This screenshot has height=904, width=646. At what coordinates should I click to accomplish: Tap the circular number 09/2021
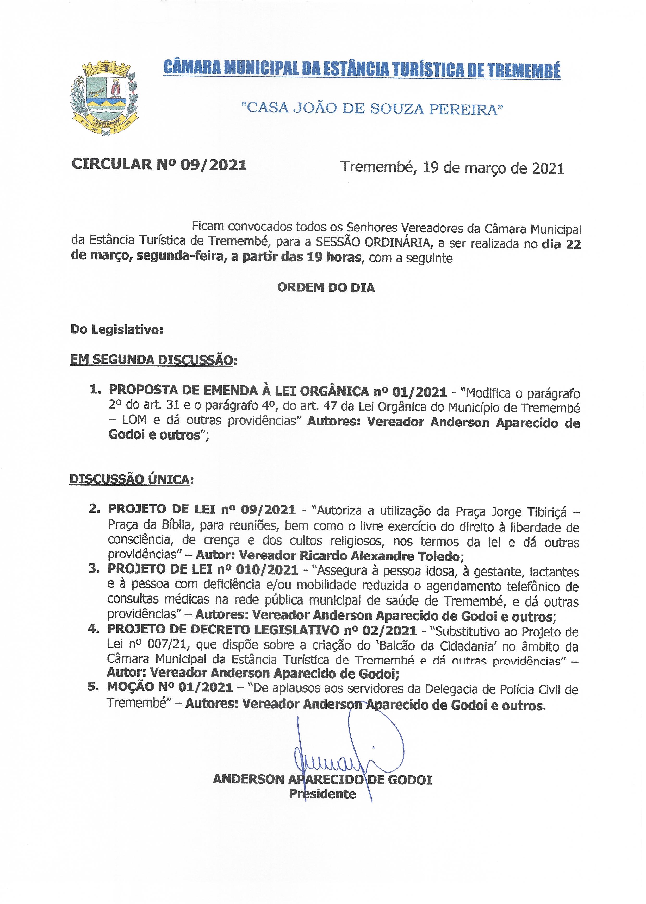point(214,165)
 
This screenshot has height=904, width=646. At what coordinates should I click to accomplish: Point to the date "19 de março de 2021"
point(493,168)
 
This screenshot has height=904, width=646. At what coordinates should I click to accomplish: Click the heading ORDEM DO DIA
point(326,288)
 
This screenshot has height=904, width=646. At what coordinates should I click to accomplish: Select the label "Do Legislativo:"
point(117,330)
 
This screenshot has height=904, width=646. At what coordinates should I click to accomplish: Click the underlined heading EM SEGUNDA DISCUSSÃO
point(151,360)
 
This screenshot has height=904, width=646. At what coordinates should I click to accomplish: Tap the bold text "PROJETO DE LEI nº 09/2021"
point(202,509)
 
